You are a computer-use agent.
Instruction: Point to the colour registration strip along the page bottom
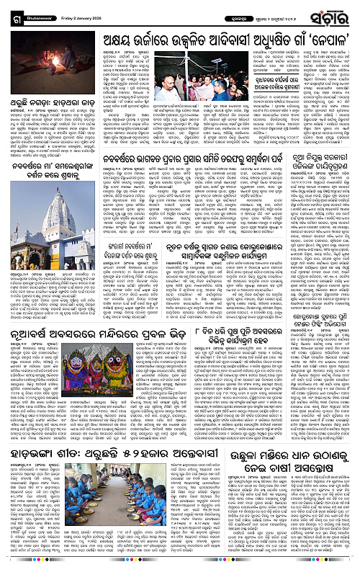[x=180, y=562]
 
